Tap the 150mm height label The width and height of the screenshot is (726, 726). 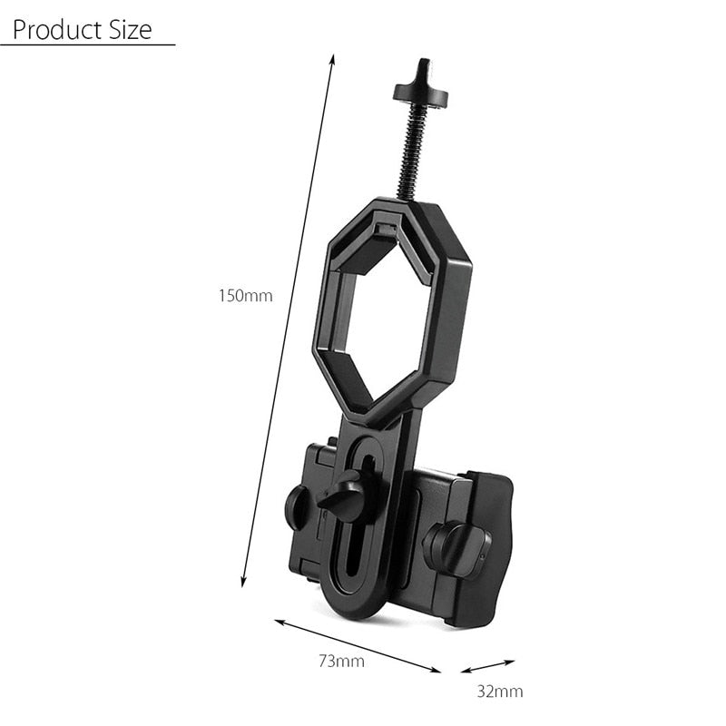(x=245, y=295)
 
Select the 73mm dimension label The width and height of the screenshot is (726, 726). (x=342, y=661)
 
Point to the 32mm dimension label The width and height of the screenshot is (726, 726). (x=500, y=692)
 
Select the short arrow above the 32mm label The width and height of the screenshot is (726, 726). (x=487, y=666)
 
